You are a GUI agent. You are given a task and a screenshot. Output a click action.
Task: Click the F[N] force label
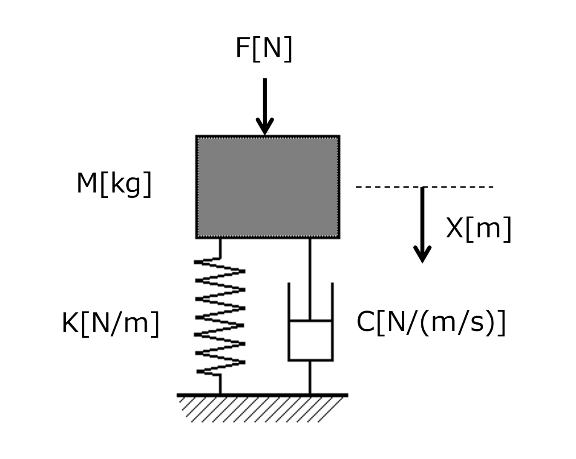[x=264, y=49]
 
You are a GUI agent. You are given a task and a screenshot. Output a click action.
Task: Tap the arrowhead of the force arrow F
[x=265, y=127]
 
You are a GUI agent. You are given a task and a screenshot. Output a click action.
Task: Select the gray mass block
[x=268, y=187]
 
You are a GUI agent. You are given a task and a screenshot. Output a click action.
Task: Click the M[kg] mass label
[x=114, y=184]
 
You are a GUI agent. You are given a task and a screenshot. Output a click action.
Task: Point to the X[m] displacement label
[x=478, y=229]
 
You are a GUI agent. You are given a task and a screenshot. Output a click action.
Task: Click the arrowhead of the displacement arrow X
[x=422, y=254]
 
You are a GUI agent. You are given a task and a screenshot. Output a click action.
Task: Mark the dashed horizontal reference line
[x=424, y=187]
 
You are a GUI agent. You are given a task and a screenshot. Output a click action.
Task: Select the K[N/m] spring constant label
[x=110, y=324]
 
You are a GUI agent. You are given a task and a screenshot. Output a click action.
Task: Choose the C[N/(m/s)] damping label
[x=431, y=322]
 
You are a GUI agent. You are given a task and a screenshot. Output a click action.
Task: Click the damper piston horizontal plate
[x=311, y=320]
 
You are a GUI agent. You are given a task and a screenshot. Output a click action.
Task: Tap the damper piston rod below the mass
[x=310, y=279]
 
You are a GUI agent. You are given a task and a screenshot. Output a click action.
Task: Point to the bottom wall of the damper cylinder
[x=311, y=360]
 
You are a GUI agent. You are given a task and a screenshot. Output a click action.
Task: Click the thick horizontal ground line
[x=262, y=395]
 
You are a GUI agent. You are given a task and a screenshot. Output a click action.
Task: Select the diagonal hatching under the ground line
[x=261, y=410]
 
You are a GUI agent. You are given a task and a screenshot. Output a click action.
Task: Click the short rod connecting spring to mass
[x=220, y=248]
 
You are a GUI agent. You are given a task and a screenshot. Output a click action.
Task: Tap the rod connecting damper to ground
[x=310, y=377]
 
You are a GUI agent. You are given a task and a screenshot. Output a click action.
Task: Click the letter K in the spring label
[x=70, y=323]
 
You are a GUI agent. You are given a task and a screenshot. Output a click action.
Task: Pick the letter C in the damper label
[x=366, y=321]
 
